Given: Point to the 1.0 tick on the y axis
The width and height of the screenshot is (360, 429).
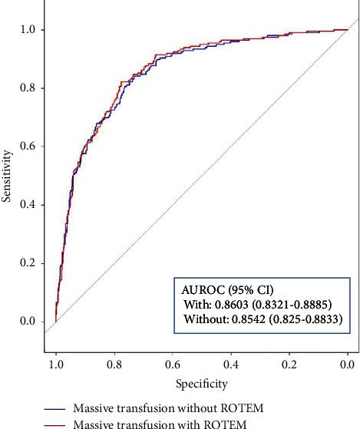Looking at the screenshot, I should pyautogui.click(x=31, y=29).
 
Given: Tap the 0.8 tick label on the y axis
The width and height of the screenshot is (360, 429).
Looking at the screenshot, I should pyautogui.click(x=31, y=87).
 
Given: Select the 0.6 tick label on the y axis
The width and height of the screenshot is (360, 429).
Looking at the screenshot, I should pyautogui.click(x=31, y=146).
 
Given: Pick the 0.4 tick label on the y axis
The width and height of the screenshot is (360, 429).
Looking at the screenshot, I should pyautogui.click(x=31, y=204).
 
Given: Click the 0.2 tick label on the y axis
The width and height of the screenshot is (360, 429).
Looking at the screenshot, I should pyautogui.click(x=31, y=262).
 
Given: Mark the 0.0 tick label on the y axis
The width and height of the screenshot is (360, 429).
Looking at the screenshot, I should pyautogui.click(x=31, y=321).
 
